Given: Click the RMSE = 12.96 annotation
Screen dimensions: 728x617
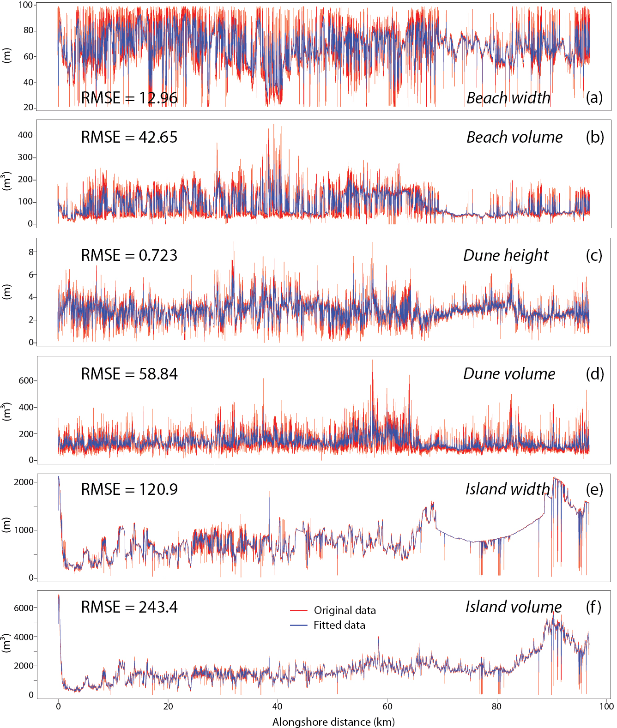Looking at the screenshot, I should click(x=129, y=98).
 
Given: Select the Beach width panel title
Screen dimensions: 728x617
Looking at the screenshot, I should click(x=508, y=98).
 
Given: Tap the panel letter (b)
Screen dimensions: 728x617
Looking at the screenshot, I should click(x=594, y=137).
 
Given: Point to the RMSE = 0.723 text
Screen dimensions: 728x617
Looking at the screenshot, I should click(x=129, y=255).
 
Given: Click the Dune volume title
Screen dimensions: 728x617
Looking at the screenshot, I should click(x=509, y=373).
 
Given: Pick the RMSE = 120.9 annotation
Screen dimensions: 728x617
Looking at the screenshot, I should click(x=129, y=489).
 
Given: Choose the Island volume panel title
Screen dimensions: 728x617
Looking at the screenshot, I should click(x=513, y=607).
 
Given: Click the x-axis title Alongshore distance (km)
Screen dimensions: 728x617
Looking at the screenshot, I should click(x=333, y=722).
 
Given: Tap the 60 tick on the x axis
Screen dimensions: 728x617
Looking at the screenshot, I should click(x=387, y=706).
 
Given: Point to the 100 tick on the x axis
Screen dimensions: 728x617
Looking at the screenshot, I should click(x=606, y=706).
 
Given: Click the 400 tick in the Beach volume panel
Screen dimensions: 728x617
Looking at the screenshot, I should click(x=25, y=135).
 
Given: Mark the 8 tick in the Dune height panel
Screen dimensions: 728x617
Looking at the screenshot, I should click(x=31, y=252).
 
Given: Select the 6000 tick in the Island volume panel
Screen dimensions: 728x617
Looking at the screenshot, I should click(x=24, y=608).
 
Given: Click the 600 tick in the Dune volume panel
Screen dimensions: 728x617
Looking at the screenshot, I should click(x=26, y=381).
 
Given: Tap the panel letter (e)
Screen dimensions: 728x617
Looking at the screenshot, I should click(x=594, y=489).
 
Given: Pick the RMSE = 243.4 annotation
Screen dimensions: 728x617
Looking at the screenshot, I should click(x=129, y=607).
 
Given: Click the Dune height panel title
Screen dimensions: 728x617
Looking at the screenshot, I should click(x=506, y=255).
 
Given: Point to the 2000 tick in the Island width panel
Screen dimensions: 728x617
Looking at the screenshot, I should click(x=24, y=482).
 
